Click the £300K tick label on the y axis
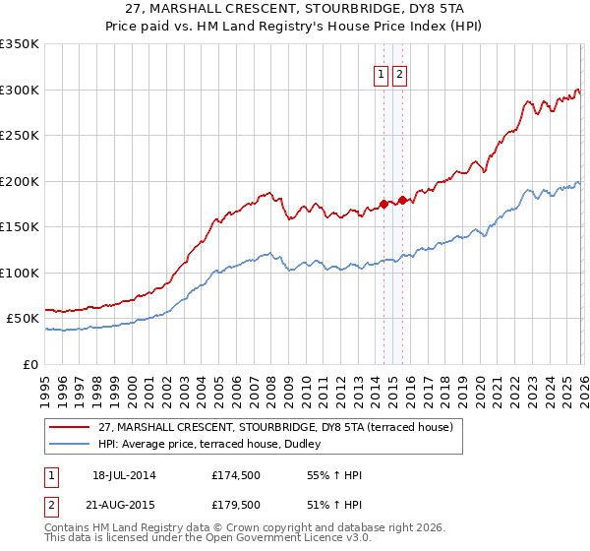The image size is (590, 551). coord(20,90)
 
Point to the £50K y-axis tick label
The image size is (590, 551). coord(24,319)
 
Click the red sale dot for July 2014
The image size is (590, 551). coord(383,205)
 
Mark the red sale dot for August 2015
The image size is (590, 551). coord(402,200)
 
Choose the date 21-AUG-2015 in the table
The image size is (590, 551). coord(124,504)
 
